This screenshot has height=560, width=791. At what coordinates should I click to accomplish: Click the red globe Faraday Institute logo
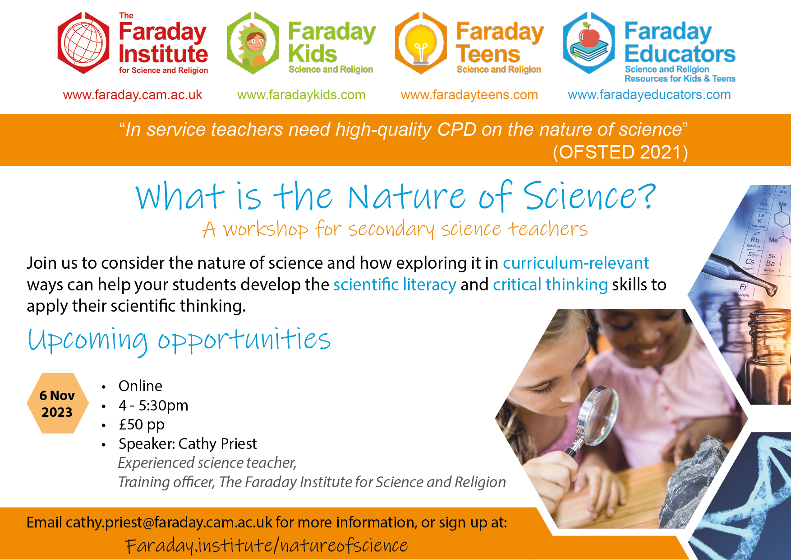pyautogui.click(x=83, y=43)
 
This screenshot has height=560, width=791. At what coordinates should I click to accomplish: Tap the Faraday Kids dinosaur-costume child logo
pyautogui.click(x=253, y=43)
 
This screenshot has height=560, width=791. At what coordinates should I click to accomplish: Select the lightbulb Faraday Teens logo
pyautogui.click(x=421, y=43)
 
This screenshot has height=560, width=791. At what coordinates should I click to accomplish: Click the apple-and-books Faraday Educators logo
pyautogui.click(x=589, y=43)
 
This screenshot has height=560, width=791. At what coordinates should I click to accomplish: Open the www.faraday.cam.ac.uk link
pyautogui.click(x=133, y=95)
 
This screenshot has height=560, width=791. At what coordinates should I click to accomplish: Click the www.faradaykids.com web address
pyautogui.click(x=301, y=95)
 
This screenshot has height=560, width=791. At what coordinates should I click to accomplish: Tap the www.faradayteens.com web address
pyautogui.click(x=469, y=95)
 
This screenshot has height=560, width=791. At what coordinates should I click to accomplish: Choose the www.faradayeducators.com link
pyautogui.click(x=649, y=95)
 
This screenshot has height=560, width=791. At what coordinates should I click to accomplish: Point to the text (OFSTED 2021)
pyautogui.click(x=621, y=152)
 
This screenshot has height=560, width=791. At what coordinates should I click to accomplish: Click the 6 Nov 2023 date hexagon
pyautogui.click(x=57, y=403)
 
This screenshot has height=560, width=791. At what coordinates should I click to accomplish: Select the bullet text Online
pyautogui.click(x=140, y=386)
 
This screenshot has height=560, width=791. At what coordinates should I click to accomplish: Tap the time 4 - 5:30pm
pyautogui.click(x=153, y=406)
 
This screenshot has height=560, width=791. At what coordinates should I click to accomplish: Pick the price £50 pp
pyautogui.click(x=142, y=425)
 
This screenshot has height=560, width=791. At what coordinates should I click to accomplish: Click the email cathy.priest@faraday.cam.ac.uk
pyautogui.click(x=169, y=523)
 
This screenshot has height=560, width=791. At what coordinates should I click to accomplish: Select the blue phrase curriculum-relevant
pyautogui.click(x=576, y=263)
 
